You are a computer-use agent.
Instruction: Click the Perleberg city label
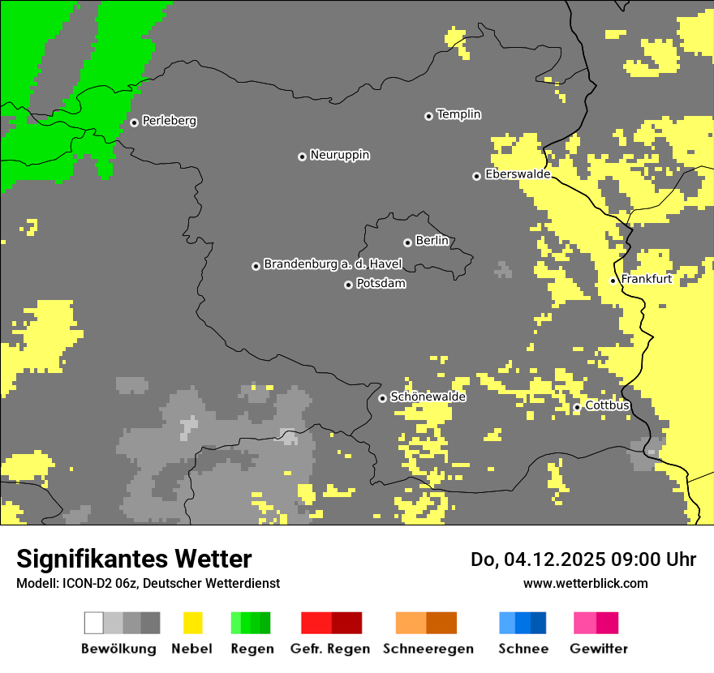(x=169, y=121)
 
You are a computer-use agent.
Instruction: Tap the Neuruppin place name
(x=339, y=155)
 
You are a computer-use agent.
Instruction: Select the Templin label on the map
(x=458, y=114)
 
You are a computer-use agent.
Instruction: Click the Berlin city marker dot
(x=407, y=242)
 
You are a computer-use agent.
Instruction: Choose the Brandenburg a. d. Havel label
(x=333, y=264)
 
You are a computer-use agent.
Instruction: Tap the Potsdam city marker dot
(x=348, y=285)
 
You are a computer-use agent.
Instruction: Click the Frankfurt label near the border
(x=646, y=279)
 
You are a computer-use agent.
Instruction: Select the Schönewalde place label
(x=428, y=397)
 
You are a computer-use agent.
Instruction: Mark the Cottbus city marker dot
(x=577, y=407)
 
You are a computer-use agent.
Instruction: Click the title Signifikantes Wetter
(x=134, y=559)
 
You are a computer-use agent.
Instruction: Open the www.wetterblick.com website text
(x=585, y=583)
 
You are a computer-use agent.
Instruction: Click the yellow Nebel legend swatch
(x=192, y=623)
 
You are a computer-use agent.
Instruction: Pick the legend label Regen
(x=250, y=649)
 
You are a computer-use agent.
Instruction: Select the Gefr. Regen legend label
(x=330, y=649)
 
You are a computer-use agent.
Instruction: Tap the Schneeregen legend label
(x=428, y=649)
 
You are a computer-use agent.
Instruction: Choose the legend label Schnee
(x=523, y=649)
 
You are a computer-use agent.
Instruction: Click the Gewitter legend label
(x=598, y=649)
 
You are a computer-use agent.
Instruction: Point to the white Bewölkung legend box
(x=94, y=623)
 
